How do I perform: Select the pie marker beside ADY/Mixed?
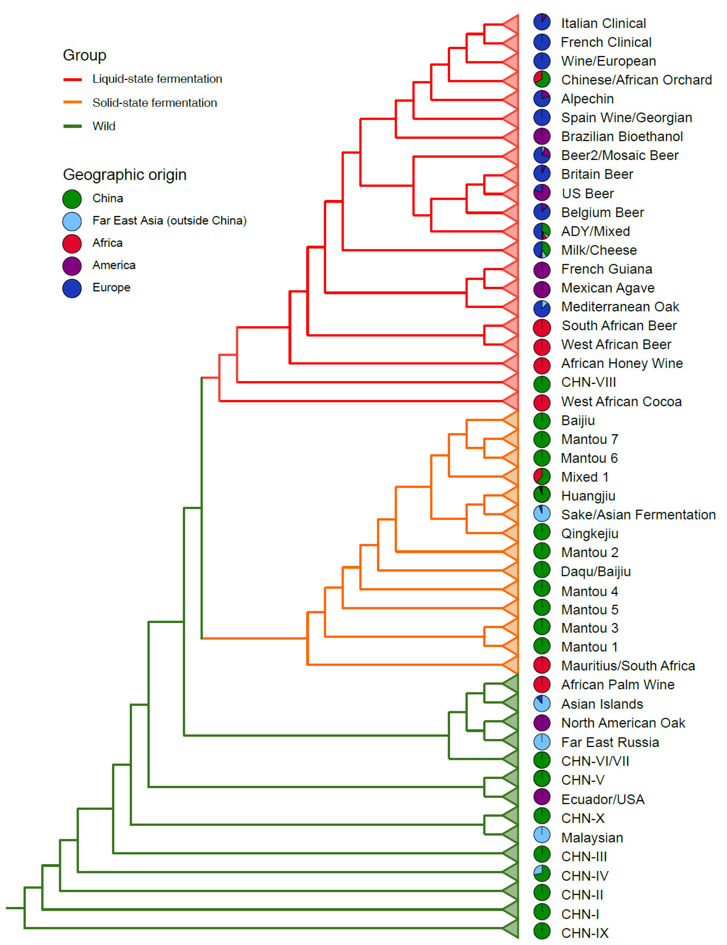pos(542,231)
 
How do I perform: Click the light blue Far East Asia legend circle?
pos(72,221)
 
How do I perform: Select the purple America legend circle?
pos(72,266)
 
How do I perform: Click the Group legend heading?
pos(84,55)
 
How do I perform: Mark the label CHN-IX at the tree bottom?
pos(584,933)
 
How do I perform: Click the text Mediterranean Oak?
pos(620,307)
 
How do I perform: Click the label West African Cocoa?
pos(621,402)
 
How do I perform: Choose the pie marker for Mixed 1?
pos(542,476)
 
